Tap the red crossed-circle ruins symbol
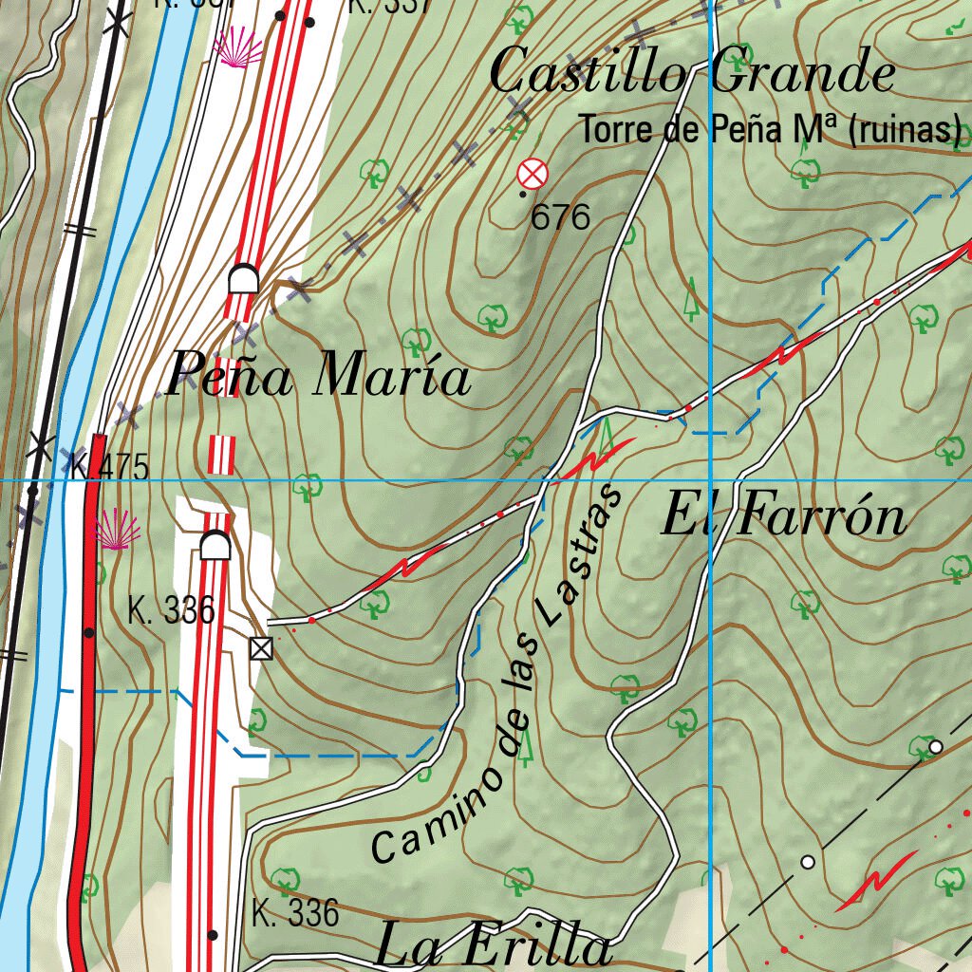533,174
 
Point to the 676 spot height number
560,217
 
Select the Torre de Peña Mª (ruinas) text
770,130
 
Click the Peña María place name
318,377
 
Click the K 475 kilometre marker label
110,467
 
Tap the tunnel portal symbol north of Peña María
244,279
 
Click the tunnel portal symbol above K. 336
215,547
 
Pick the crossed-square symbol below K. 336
260,648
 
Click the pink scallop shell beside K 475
118,529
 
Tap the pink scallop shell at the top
239,47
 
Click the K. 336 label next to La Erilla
295,913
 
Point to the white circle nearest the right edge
935,747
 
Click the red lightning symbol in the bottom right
878,880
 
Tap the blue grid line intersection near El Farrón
711,480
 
